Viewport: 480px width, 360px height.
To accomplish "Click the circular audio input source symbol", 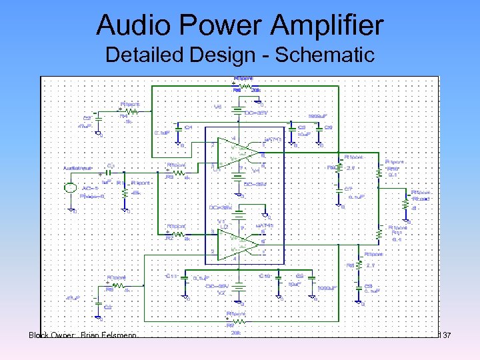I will pos(71,187).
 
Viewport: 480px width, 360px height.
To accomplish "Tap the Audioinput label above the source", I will pos(79,168).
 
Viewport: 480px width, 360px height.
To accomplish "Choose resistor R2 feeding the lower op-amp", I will pos(177,234).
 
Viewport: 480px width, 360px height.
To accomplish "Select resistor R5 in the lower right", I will pos(360,266).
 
